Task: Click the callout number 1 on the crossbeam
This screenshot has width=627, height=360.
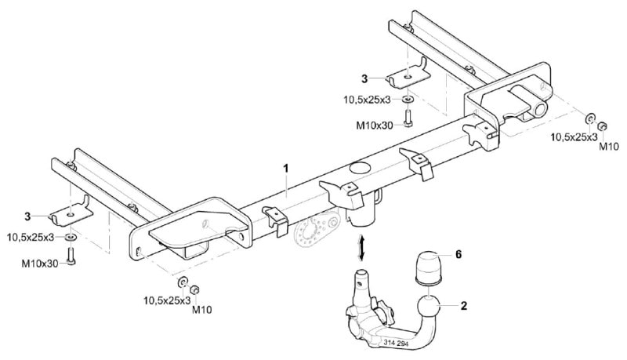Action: click(286, 169)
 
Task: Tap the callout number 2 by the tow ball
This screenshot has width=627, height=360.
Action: click(464, 306)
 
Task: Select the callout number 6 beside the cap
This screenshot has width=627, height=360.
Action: click(458, 254)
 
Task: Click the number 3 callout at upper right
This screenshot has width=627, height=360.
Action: click(364, 78)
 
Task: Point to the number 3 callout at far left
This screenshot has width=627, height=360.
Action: click(27, 216)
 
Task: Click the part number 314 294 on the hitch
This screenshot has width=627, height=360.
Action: click(397, 343)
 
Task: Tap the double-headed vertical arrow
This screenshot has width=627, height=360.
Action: click(361, 248)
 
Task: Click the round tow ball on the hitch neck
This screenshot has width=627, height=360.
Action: click(429, 309)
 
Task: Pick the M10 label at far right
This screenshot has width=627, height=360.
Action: click(609, 147)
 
